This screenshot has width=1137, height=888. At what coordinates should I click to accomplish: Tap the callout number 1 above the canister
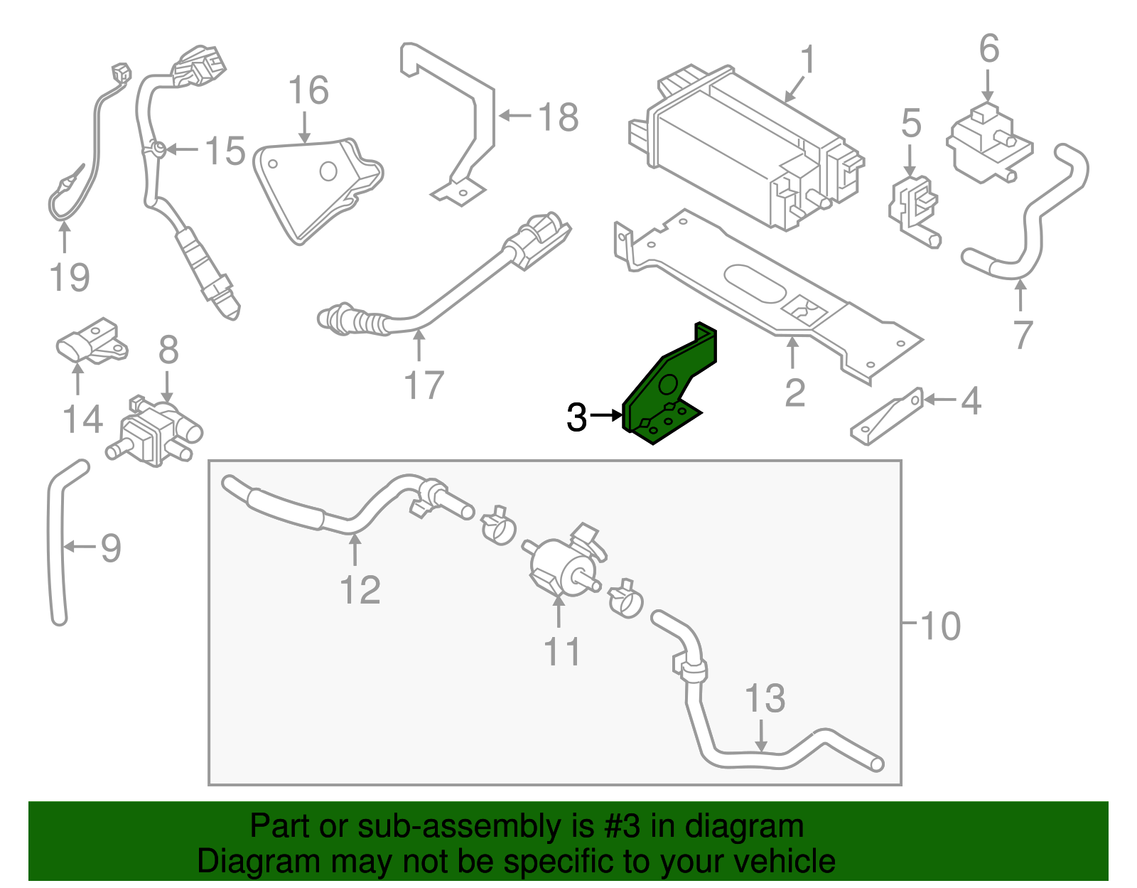808,61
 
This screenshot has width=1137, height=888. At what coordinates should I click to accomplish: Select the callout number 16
308,91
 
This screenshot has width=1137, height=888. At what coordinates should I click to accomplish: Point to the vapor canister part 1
746,149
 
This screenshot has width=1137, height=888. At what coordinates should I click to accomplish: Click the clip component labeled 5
912,206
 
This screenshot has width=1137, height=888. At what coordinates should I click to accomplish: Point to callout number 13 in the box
765,698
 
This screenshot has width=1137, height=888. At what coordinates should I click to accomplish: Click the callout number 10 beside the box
939,626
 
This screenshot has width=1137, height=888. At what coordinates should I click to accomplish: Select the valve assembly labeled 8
153,430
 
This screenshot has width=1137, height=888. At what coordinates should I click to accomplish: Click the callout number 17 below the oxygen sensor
424,385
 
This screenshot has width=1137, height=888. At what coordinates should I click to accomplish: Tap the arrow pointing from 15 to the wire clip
183,150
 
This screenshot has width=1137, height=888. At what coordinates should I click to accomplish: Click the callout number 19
70,277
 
